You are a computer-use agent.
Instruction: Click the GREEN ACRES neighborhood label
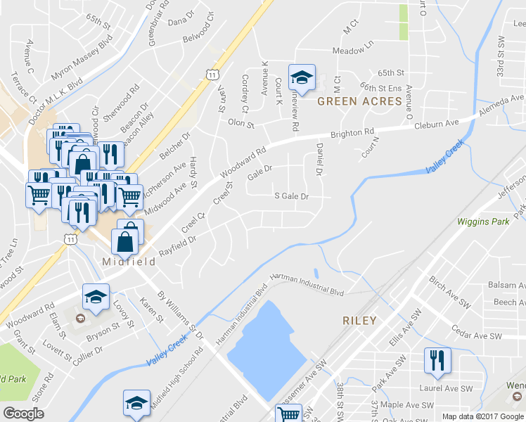359,101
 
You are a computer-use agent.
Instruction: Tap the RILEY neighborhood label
359,320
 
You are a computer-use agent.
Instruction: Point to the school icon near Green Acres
302,79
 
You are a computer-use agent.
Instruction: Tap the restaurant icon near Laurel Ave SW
437,362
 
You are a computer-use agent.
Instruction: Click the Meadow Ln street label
353,51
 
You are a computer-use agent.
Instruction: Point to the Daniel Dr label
319,158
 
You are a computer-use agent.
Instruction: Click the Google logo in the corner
24,413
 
